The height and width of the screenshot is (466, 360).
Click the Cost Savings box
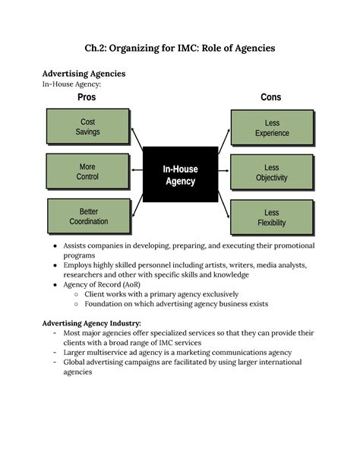click(87, 127)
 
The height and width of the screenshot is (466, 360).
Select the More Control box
click(87, 172)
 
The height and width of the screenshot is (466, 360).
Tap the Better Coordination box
click(88, 217)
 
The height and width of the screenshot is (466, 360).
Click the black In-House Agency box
click(180, 175)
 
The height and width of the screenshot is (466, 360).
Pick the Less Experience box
click(272, 128)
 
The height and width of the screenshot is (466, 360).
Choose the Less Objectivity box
click(272, 173)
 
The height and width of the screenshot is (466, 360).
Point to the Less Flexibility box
click(272, 217)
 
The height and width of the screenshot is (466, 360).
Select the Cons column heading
click(270, 97)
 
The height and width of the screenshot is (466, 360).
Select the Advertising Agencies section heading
click(84, 74)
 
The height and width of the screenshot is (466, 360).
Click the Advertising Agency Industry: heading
click(91, 323)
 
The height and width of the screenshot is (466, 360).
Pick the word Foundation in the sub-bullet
click(109, 303)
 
